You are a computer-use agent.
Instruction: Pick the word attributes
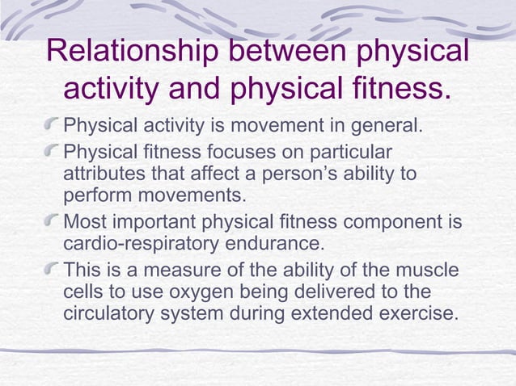click(x=101, y=174)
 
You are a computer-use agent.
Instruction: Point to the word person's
click(x=317, y=174)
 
